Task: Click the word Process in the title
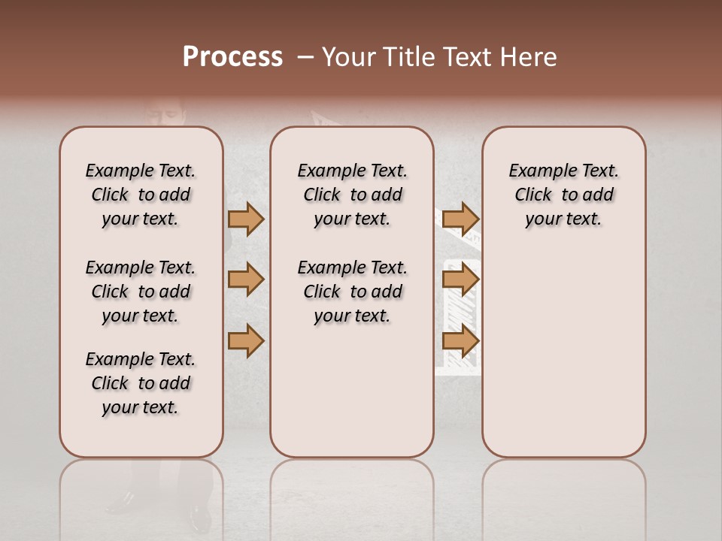232,57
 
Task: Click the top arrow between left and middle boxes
246,219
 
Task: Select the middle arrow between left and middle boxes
246,280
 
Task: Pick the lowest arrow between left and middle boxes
246,341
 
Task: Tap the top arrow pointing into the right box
460,219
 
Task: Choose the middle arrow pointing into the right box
460,280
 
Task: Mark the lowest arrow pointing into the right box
460,341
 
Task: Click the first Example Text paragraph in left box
141,195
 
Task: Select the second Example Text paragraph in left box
141,292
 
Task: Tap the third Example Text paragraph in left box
141,383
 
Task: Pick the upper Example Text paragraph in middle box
352,195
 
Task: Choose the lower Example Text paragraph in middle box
352,292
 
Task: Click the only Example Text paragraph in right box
563,195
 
